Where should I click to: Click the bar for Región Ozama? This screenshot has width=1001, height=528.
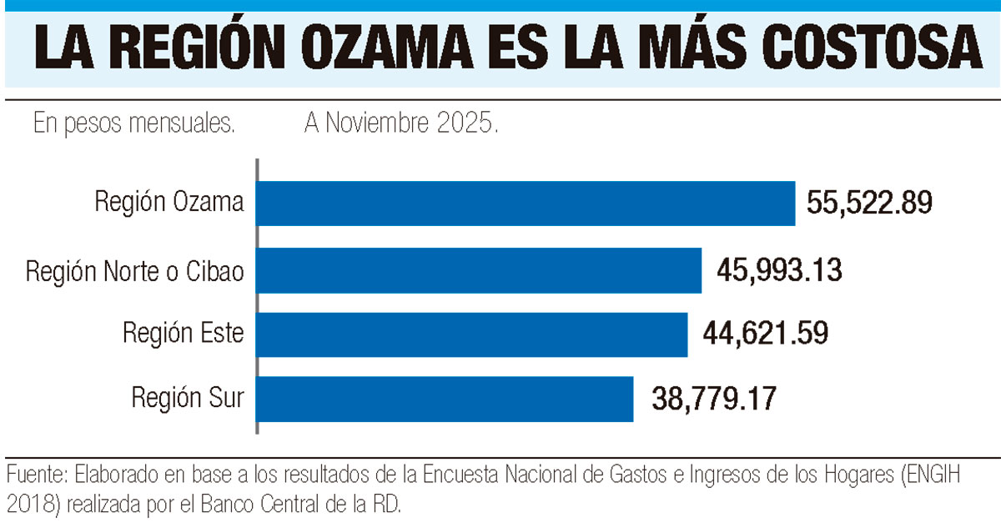(526, 203)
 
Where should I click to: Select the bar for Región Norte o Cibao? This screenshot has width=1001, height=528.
(478, 270)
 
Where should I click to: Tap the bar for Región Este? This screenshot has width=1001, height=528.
(471, 334)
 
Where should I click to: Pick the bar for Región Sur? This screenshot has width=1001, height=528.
(444, 399)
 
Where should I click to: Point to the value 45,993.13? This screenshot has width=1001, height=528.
(779, 270)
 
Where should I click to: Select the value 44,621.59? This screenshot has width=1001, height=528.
(766, 334)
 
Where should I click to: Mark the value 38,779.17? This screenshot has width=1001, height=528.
(715, 399)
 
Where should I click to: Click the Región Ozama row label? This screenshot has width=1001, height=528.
(169, 203)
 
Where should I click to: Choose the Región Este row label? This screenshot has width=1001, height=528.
(184, 334)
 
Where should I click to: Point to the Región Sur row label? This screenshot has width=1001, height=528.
(188, 397)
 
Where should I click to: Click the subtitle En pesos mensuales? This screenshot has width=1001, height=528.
(133, 125)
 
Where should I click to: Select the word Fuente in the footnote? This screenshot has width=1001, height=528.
(34, 476)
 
